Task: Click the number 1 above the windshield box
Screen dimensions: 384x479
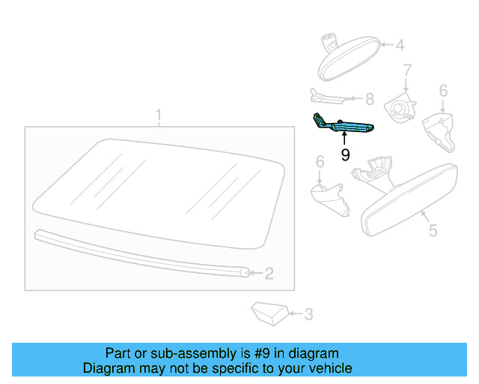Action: (x=158, y=115)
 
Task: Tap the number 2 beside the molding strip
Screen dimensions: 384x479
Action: (x=269, y=274)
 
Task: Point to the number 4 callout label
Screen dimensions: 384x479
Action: (x=400, y=46)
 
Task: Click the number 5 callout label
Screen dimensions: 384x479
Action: (x=432, y=230)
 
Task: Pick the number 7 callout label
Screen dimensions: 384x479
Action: (x=408, y=72)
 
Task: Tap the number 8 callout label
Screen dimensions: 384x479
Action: (x=369, y=98)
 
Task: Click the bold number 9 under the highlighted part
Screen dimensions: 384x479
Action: (x=345, y=154)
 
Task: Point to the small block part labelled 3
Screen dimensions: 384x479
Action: (x=269, y=312)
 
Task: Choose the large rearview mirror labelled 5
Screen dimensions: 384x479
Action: (x=408, y=199)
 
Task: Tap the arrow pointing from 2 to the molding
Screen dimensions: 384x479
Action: (x=255, y=274)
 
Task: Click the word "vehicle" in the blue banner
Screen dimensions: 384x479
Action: (x=328, y=368)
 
